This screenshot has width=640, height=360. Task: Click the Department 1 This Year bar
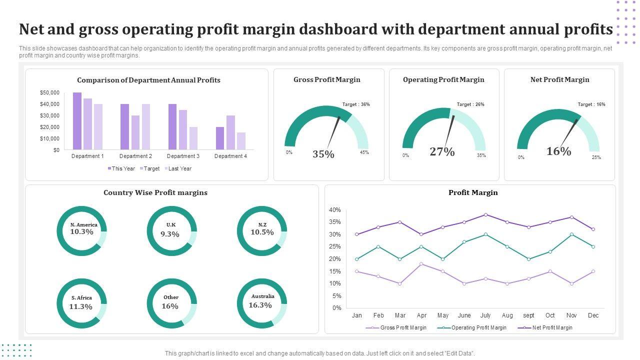[77, 121]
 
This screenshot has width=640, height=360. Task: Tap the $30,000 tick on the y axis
[49, 115]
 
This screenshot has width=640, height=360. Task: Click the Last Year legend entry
[179, 168]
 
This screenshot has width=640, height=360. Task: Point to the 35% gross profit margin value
[323, 154]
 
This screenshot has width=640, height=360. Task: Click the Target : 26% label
[470, 104]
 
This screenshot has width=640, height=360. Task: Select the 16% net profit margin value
[558, 151]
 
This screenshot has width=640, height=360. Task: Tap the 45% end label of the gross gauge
[364, 152]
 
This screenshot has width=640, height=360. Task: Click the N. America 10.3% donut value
[82, 232]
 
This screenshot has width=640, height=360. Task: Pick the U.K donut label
[171, 225]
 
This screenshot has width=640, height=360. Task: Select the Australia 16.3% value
[260, 305]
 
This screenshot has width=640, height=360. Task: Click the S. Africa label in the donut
[81, 297]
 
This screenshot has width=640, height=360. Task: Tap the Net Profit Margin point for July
[485, 214]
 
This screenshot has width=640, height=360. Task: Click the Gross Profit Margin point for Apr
[421, 263]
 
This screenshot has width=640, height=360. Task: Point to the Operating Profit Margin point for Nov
[571, 234]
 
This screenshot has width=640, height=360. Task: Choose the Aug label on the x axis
[507, 315]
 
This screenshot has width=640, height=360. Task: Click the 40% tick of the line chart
[335, 210]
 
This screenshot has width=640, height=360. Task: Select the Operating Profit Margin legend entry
[478, 328]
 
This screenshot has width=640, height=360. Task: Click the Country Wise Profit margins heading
[155, 192]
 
